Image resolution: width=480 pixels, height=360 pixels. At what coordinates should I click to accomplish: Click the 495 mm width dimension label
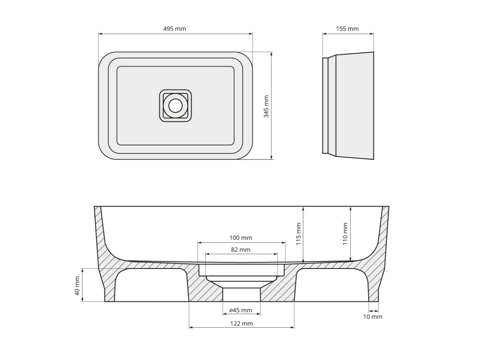(174, 29)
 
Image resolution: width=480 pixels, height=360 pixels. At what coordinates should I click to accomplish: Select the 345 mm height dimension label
(266, 106)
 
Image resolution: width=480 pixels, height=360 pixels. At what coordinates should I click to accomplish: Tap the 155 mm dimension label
(347, 29)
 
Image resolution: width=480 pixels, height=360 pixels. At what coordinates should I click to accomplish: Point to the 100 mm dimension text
(241, 238)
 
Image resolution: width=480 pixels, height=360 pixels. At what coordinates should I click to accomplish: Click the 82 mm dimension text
(240, 250)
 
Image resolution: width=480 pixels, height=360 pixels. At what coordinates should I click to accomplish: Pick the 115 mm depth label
(299, 234)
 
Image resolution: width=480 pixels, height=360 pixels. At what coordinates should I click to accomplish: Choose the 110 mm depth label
(345, 234)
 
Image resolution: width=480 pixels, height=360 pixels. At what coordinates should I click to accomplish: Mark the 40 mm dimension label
(77, 286)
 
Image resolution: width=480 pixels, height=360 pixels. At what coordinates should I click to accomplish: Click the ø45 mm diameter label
(241, 310)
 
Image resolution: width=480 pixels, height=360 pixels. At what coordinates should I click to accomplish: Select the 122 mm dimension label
(241, 323)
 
